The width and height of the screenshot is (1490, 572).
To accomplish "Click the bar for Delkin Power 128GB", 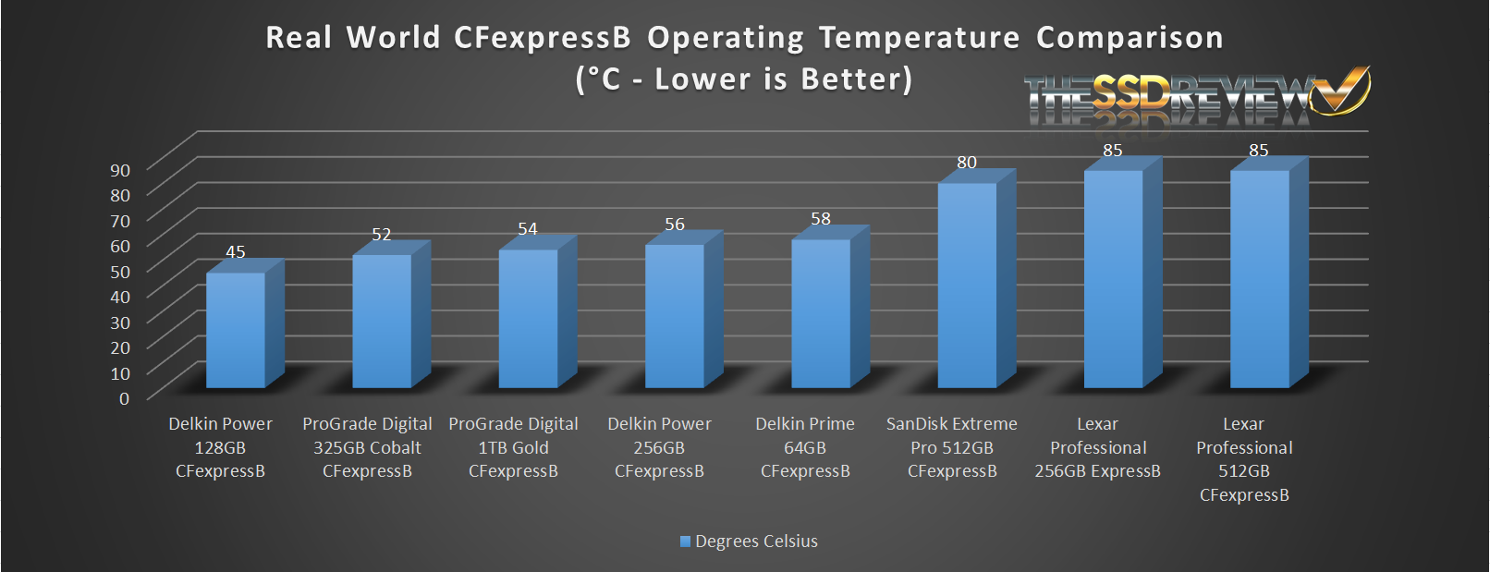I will (x=236, y=330).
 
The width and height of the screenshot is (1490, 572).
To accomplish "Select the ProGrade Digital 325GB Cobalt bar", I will (x=382, y=321).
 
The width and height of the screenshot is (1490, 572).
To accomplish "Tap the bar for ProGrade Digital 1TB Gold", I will (x=528, y=318).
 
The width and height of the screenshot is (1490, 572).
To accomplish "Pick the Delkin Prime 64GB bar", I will (x=821, y=313).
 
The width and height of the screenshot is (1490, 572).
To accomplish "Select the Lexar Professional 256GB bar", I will (x=1113, y=278).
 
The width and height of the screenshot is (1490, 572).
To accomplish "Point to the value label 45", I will (x=236, y=252).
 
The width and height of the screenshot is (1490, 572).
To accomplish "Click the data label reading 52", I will (x=382, y=235).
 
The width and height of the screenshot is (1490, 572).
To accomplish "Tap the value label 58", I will (x=821, y=219).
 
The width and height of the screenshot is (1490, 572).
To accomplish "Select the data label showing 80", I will (x=967, y=163).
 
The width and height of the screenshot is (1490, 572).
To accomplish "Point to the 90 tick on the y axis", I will (x=120, y=170).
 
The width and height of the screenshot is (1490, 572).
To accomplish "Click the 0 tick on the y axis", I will (x=125, y=398).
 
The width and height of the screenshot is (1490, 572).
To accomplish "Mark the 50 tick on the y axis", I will (x=120, y=272).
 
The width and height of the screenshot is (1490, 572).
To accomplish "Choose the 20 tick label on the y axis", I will (x=120, y=347).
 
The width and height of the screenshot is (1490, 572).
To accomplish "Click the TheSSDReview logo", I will (x=1196, y=96).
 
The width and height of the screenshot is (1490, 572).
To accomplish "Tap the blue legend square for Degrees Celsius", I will (x=685, y=542).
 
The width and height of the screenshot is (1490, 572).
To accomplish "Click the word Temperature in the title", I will (x=919, y=38).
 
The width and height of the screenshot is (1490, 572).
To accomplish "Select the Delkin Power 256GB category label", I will (x=659, y=447).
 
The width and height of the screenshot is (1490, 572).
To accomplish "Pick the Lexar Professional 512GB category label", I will (x=1244, y=459).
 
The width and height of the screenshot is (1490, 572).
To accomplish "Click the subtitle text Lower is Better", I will (x=783, y=79).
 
